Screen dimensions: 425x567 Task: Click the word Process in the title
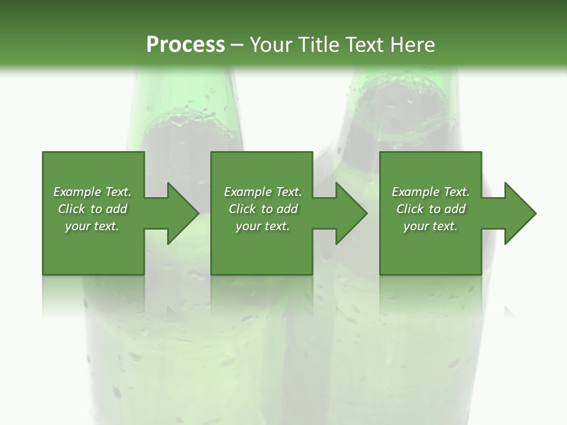pos(185,45)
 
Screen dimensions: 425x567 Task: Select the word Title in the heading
pos(318,45)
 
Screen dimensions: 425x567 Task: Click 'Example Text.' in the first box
pos(92,192)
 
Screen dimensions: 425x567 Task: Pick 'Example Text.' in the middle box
pos(263,192)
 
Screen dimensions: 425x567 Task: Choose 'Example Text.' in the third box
pos(431,192)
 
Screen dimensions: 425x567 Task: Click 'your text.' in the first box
pos(92,226)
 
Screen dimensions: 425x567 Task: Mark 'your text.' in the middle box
pos(263,226)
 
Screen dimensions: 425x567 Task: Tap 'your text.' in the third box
pos(431,226)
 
